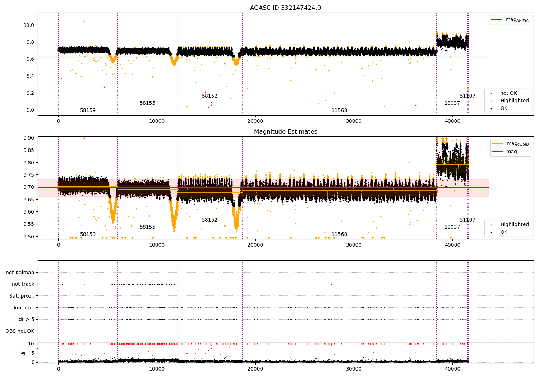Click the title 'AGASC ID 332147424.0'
coord(285,8)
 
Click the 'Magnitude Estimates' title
coord(285,132)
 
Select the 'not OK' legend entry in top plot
coord(508,93)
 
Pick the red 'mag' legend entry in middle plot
coord(511,152)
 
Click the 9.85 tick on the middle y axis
coord(29,150)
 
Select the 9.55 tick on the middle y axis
coord(29,224)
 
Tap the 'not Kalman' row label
coord(20,273)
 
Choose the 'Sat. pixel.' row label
coord(22,296)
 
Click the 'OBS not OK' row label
coord(20,331)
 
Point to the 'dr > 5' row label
coord(26,319)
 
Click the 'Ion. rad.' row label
coord(24,308)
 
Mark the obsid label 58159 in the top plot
coord(88,111)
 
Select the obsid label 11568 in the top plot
coord(339,111)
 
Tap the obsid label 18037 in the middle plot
coord(452,227)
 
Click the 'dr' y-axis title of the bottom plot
coord(23,353)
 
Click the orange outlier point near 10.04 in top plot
coord(84,21)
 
